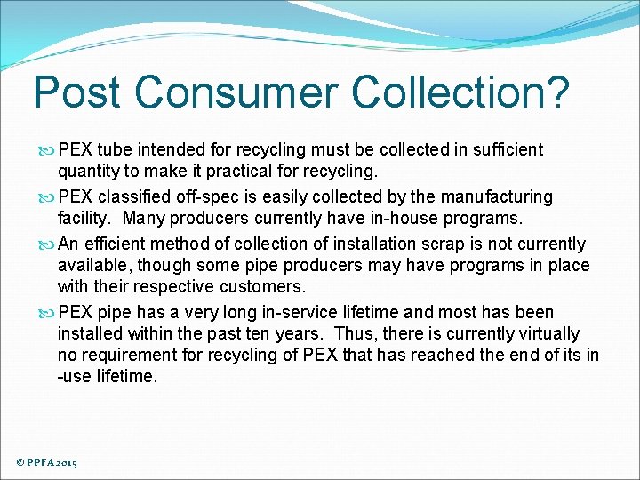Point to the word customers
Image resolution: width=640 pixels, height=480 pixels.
tap(263, 286)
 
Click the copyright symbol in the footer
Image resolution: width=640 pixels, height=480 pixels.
tap(20, 463)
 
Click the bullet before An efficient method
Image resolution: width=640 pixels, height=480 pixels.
tap(48, 244)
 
